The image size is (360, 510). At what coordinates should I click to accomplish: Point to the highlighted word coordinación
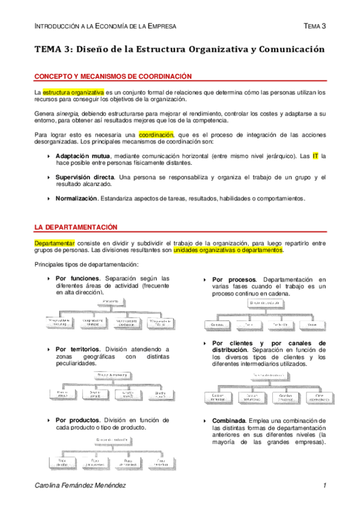[156, 135]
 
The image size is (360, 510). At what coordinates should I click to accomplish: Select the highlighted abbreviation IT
[315, 156]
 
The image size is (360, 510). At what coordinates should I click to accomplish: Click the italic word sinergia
[68, 114]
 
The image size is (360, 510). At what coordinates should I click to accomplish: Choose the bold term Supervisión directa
[85, 177]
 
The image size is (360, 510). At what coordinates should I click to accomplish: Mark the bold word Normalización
[76, 198]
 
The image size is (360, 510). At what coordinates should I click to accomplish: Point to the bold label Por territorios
[79, 349]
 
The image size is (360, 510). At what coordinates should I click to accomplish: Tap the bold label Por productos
[78, 420]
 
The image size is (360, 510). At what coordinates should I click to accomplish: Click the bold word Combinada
[228, 420]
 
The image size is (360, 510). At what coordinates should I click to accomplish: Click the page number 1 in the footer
[324, 485]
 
